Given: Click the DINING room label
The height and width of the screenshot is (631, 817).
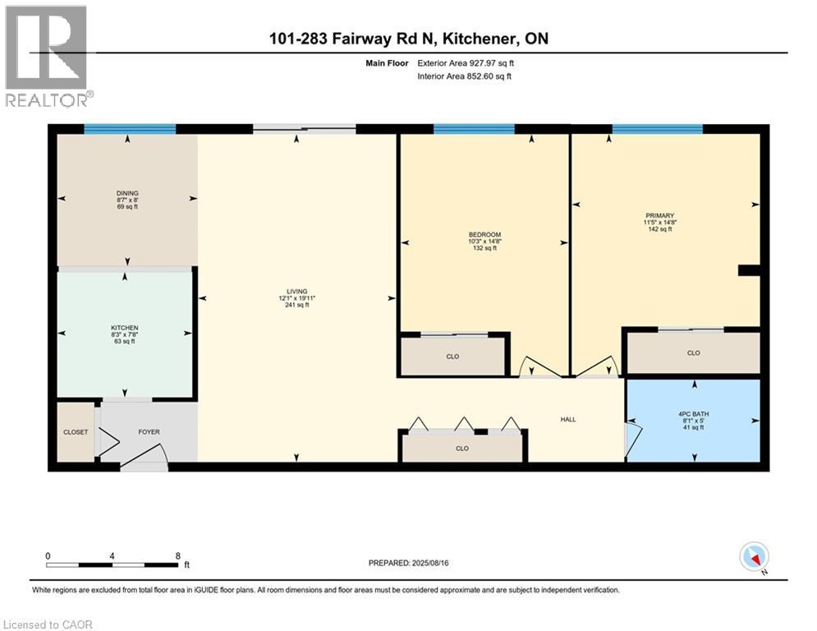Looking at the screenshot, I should (x=126, y=193).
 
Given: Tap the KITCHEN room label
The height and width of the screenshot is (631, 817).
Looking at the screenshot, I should (x=124, y=328).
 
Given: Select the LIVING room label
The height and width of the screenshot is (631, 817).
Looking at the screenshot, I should (x=296, y=292).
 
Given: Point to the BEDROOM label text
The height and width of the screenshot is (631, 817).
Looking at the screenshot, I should (x=484, y=235).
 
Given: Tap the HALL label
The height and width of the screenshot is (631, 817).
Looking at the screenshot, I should (x=568, y=419).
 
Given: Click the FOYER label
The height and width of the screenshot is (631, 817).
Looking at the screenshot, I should (x=149, y=431).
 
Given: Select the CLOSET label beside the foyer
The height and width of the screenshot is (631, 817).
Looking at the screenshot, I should (x=76, y=431).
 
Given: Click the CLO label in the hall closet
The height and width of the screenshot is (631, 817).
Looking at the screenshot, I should (x=462, y=448).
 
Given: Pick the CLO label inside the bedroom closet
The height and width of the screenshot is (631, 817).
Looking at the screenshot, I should (x=452, y=357).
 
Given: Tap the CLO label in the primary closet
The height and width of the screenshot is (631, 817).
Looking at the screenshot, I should (x=693, y=352).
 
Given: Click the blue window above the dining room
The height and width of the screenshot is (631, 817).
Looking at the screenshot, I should (x=130, y=129).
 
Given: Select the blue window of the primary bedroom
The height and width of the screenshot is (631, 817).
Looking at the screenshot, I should (x=657, y=129).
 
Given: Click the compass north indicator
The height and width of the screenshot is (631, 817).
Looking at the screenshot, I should (x=754, y=556).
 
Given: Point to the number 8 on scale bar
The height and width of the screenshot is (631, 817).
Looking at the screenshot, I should (x=178, y=555).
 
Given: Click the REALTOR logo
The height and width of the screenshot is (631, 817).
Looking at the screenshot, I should (x=47, y=56).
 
